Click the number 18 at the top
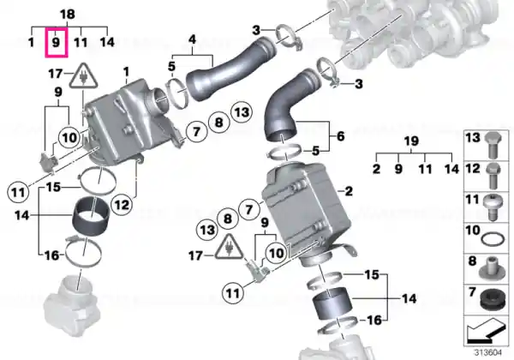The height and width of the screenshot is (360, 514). click(x=68, y=14)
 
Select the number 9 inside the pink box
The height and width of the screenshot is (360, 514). click(x=56, y=42)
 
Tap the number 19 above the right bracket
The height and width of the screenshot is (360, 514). click(x=411, y=141)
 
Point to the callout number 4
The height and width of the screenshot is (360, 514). click(x=192, y=39)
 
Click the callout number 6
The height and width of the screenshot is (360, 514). click(x=341, y=135)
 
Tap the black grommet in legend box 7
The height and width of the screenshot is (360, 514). click(x=493, y=299)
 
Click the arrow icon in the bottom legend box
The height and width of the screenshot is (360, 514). click(x=486, y=330)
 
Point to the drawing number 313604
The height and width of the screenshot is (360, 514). click(x=488, y=353)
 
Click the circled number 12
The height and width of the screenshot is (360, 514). click(x=122, y=205)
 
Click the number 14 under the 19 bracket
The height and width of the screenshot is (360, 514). click(x=451, y=169)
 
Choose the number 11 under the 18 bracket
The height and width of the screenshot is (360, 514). click(x=81, y=42)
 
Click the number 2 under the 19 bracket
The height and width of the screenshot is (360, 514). click(x=376, y=169)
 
